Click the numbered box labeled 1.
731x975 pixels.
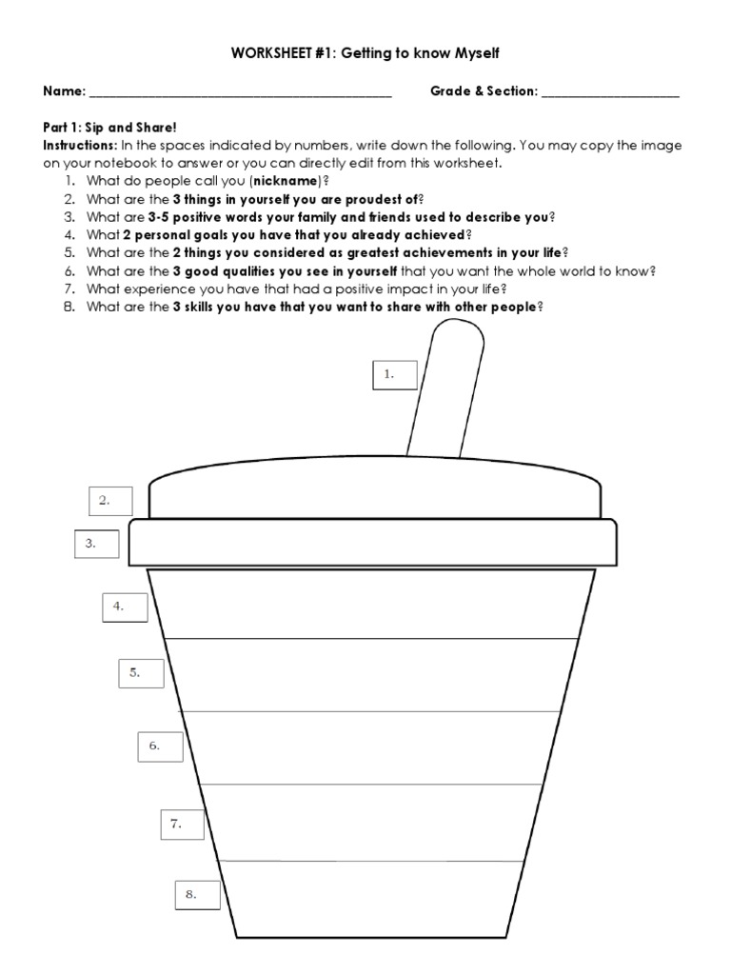coord(395,375)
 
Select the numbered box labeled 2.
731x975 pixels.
coord(110,500)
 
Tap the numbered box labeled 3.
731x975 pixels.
coord(97,544)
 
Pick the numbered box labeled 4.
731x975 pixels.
coord(126,607)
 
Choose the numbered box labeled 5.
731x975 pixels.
coord(141,673)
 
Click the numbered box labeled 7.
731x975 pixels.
coord(183,825)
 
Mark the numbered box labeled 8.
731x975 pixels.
coord(198,895)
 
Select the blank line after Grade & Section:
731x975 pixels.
coord(611,94)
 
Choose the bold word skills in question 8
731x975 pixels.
coord(207,307)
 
